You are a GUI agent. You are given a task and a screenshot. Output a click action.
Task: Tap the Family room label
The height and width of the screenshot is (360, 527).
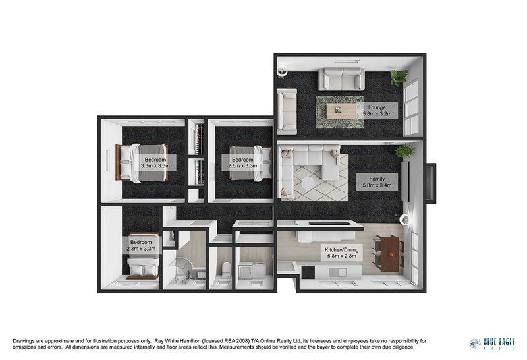[377, 181]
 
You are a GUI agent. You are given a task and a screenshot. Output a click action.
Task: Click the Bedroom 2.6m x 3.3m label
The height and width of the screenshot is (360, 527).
[242, 162]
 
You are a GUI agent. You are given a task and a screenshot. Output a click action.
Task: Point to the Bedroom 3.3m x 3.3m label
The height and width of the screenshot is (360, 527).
[155, 162]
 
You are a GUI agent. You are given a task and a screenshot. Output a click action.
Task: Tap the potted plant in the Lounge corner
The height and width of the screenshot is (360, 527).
[398, 78]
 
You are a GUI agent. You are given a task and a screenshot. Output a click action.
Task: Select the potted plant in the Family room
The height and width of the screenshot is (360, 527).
[404, 150]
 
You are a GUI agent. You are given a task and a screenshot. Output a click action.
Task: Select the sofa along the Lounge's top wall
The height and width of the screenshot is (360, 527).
[341, 79]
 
